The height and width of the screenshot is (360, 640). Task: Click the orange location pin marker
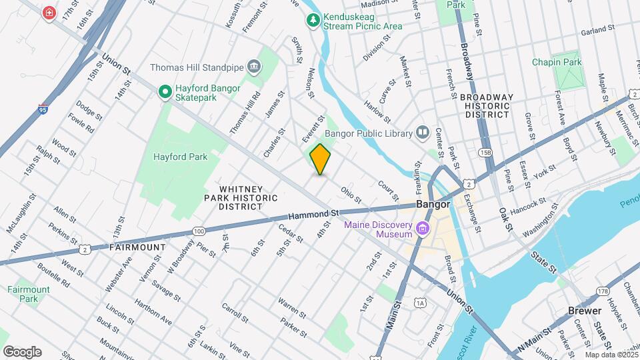321,159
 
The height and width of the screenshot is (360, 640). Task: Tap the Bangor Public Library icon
422,133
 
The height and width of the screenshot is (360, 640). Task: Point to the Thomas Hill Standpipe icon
253,67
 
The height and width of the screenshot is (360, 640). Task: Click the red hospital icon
49,13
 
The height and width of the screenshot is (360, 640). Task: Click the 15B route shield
485,153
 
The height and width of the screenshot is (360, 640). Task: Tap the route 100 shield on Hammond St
198,231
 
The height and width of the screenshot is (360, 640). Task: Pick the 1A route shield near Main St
420,303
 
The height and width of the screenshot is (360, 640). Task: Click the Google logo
22,351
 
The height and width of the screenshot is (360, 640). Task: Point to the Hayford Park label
180,157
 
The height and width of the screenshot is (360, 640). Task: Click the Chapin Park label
557,62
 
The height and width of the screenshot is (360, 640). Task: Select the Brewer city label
585,311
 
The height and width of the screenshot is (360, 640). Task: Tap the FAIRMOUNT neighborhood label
137,247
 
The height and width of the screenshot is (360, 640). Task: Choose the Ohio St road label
351,195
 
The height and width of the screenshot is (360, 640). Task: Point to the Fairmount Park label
29,294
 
